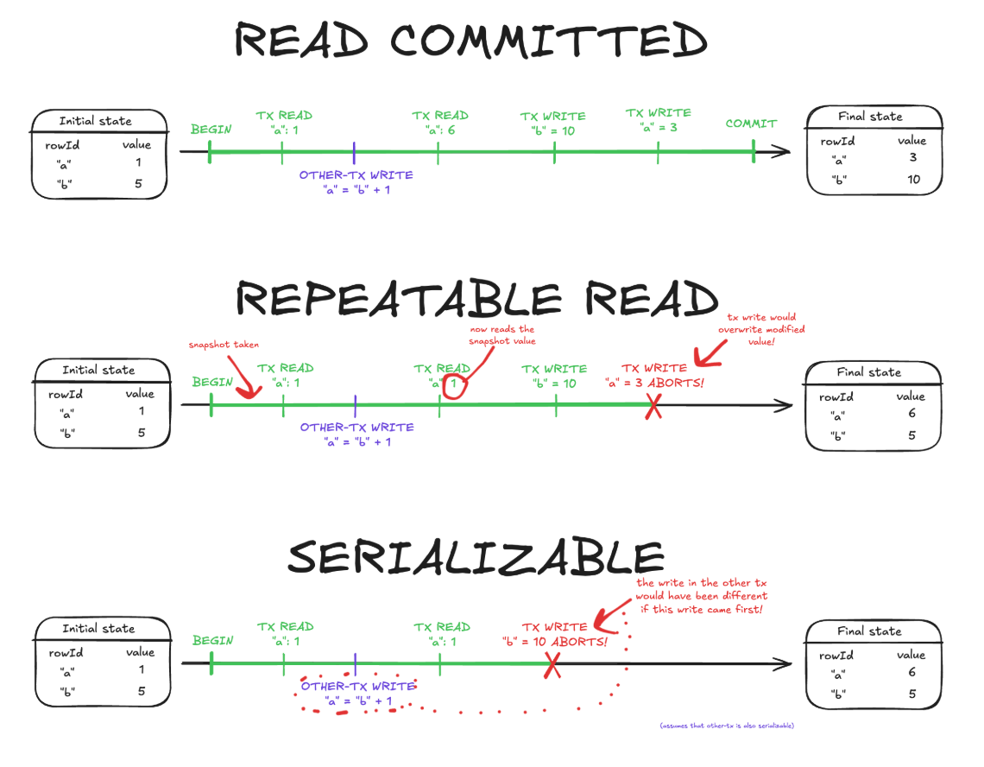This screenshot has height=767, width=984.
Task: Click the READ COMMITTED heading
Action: tap(471, 41)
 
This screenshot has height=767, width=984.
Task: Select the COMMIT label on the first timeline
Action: tap(750, 124)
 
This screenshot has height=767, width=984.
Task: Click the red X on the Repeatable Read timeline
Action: tap(653, 406)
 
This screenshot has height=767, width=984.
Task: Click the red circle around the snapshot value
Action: tap(456, 383)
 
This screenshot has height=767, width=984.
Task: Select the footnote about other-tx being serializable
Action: tap(727, 726)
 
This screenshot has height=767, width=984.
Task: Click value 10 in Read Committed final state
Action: tap(913, 180)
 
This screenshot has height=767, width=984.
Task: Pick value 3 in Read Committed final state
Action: tap(912, 158)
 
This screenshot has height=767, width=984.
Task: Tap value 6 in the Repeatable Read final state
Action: tap(911, 414)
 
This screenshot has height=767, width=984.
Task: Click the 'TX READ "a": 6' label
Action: tap(440, 123)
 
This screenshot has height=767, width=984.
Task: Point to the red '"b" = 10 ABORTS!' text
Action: tap(554, 642)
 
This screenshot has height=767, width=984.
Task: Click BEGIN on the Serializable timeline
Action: tap(212, 641)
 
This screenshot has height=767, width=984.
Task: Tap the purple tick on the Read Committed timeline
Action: tap(354, 153)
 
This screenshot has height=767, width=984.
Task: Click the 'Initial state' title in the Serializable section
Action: tap(99, 628)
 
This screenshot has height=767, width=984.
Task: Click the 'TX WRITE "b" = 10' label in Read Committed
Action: tap(552, 124)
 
